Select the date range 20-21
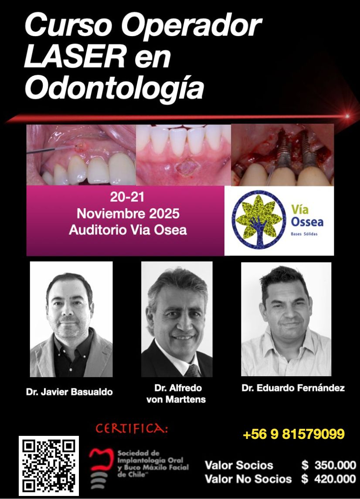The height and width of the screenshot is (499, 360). [x=127, y=197]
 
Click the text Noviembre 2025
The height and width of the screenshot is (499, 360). [x=128, y=213]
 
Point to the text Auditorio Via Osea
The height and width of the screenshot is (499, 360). [x=128, y=230]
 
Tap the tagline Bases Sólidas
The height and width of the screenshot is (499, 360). [x=304, y=234]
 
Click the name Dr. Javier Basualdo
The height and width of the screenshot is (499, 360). [x=69, y=391]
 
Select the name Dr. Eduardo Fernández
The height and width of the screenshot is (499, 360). [x=293, y=388]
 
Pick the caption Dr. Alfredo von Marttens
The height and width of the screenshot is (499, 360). [x=176, y=394]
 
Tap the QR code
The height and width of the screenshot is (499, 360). [x=49, y=465]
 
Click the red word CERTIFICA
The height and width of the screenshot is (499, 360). [x=131, y=428]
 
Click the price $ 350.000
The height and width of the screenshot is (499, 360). [x=329, y=465]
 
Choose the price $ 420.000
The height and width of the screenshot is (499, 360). [x=329, y=479]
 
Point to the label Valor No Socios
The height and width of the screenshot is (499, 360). [x=248, y=479]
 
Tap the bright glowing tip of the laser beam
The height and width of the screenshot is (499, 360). [x=347, y=116]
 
